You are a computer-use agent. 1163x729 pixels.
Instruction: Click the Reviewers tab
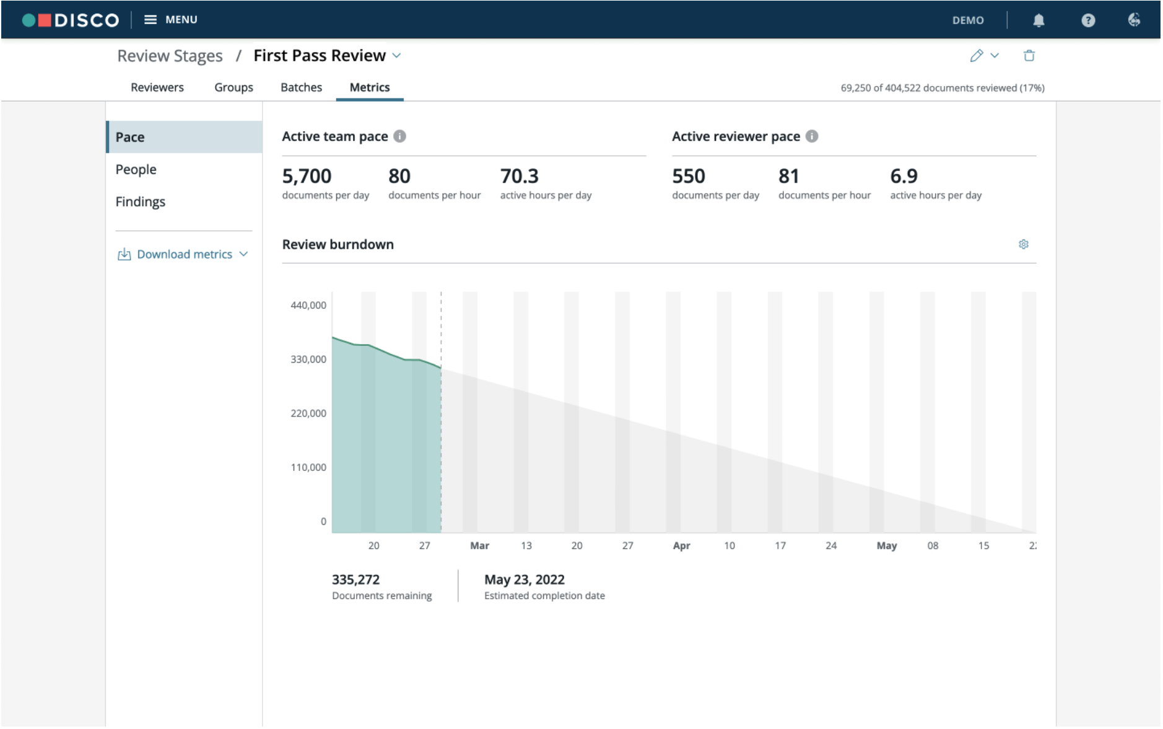pos(157,87)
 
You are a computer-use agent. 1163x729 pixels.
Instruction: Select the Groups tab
pos(233,87)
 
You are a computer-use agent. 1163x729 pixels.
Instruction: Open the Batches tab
pos(301,87)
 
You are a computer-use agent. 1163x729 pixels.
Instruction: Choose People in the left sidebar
pos(136,170)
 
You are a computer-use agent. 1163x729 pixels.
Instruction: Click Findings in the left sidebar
pos(140,202)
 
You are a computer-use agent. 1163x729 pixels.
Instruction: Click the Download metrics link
pos(183,254)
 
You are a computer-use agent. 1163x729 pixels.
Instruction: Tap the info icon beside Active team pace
pos(400,136)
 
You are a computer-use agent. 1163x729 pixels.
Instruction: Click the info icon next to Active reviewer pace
pos(812,136)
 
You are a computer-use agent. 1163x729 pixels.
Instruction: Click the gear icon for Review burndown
pos(1024,244)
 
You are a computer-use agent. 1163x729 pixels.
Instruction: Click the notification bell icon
pos(1039,20)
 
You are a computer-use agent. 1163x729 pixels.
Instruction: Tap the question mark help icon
pos(1088,20)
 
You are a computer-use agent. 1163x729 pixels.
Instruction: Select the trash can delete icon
pos(1029,56)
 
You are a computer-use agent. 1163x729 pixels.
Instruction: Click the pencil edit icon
pos(977,56)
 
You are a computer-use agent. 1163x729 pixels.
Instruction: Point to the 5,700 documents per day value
pos(307,176)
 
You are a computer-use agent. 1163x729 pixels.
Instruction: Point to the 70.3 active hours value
pos(519,176)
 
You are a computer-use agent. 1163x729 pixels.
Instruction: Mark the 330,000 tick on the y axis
pos(308,360)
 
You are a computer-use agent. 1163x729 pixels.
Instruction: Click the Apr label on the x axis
pos(681,546)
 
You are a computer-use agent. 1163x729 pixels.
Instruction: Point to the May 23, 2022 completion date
pos(525,580)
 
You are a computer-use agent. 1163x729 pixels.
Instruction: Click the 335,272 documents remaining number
pos(355,580)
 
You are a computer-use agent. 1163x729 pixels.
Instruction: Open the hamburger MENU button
pos(170,20)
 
